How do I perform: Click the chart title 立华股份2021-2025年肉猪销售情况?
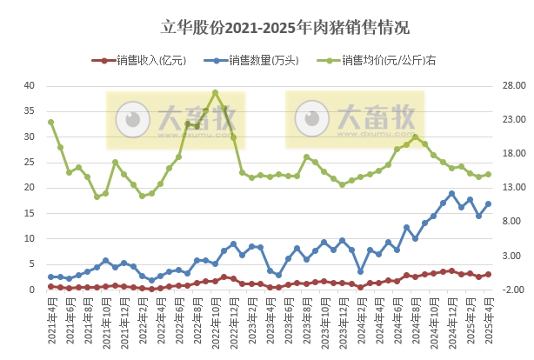pos(267,28)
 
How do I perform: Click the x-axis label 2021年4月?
pos(51,317)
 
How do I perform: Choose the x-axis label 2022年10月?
pos(215,320)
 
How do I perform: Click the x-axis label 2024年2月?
pos(360,317)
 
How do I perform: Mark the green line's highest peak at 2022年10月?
pos(215,92)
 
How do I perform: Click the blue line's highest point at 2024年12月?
pos(451,193)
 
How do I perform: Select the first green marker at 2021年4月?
pos(51,122)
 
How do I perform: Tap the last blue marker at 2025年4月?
pos(488,203)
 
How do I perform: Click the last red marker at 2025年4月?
pos(488,274)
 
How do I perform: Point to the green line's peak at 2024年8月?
pos(415,137)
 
